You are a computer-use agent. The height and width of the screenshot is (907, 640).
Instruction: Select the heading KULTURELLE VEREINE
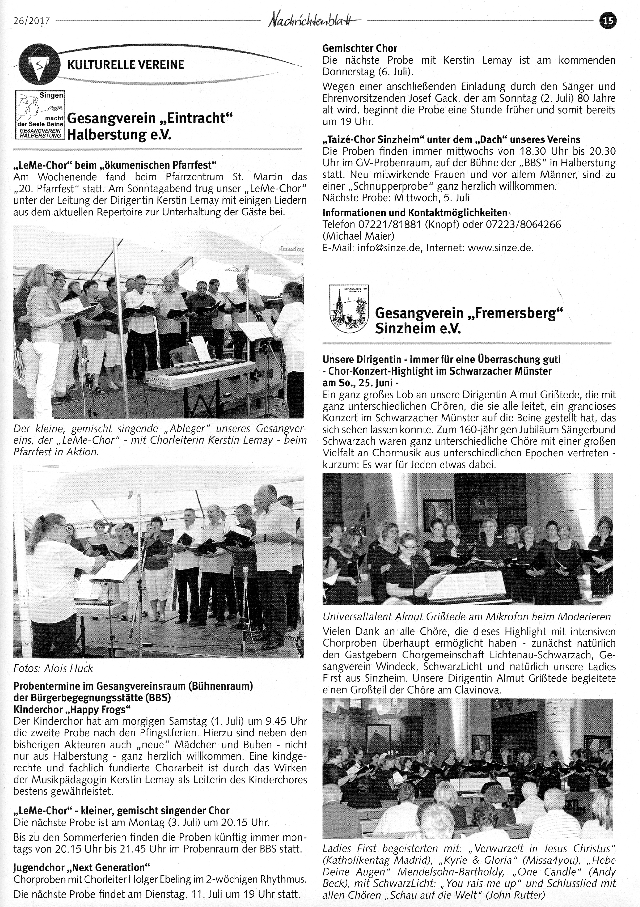(x=126, y=65)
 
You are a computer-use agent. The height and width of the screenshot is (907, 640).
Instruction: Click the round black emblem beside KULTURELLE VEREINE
(x=39, y=65)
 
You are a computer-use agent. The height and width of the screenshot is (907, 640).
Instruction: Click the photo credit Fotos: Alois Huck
(x=53, y=668)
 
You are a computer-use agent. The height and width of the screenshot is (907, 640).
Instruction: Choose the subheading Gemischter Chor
(x=360, y=48)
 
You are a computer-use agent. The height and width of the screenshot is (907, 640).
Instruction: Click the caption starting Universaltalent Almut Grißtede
(x=466, y=616)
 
